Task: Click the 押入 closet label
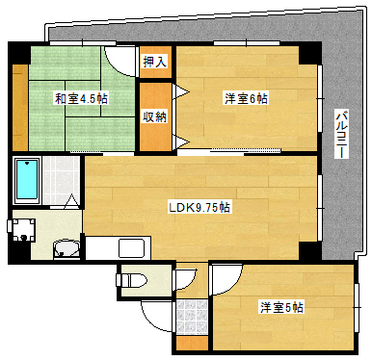point(154,62)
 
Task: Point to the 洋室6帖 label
point(246,97)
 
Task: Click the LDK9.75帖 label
point(199,206)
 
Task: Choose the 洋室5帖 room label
point(280,307)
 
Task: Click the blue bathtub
point(27,180)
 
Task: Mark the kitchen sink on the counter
point(132,247)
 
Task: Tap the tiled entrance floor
point(193,317)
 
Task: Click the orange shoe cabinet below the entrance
point(191,342)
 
